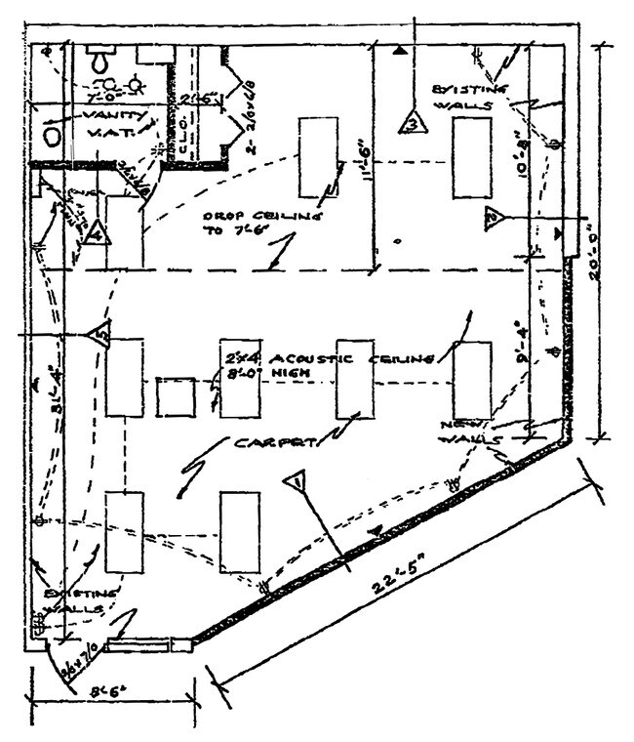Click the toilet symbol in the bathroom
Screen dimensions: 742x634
99,60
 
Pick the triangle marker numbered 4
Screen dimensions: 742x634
95,234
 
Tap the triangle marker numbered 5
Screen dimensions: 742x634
101,334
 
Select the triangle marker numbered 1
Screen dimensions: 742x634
297,481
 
